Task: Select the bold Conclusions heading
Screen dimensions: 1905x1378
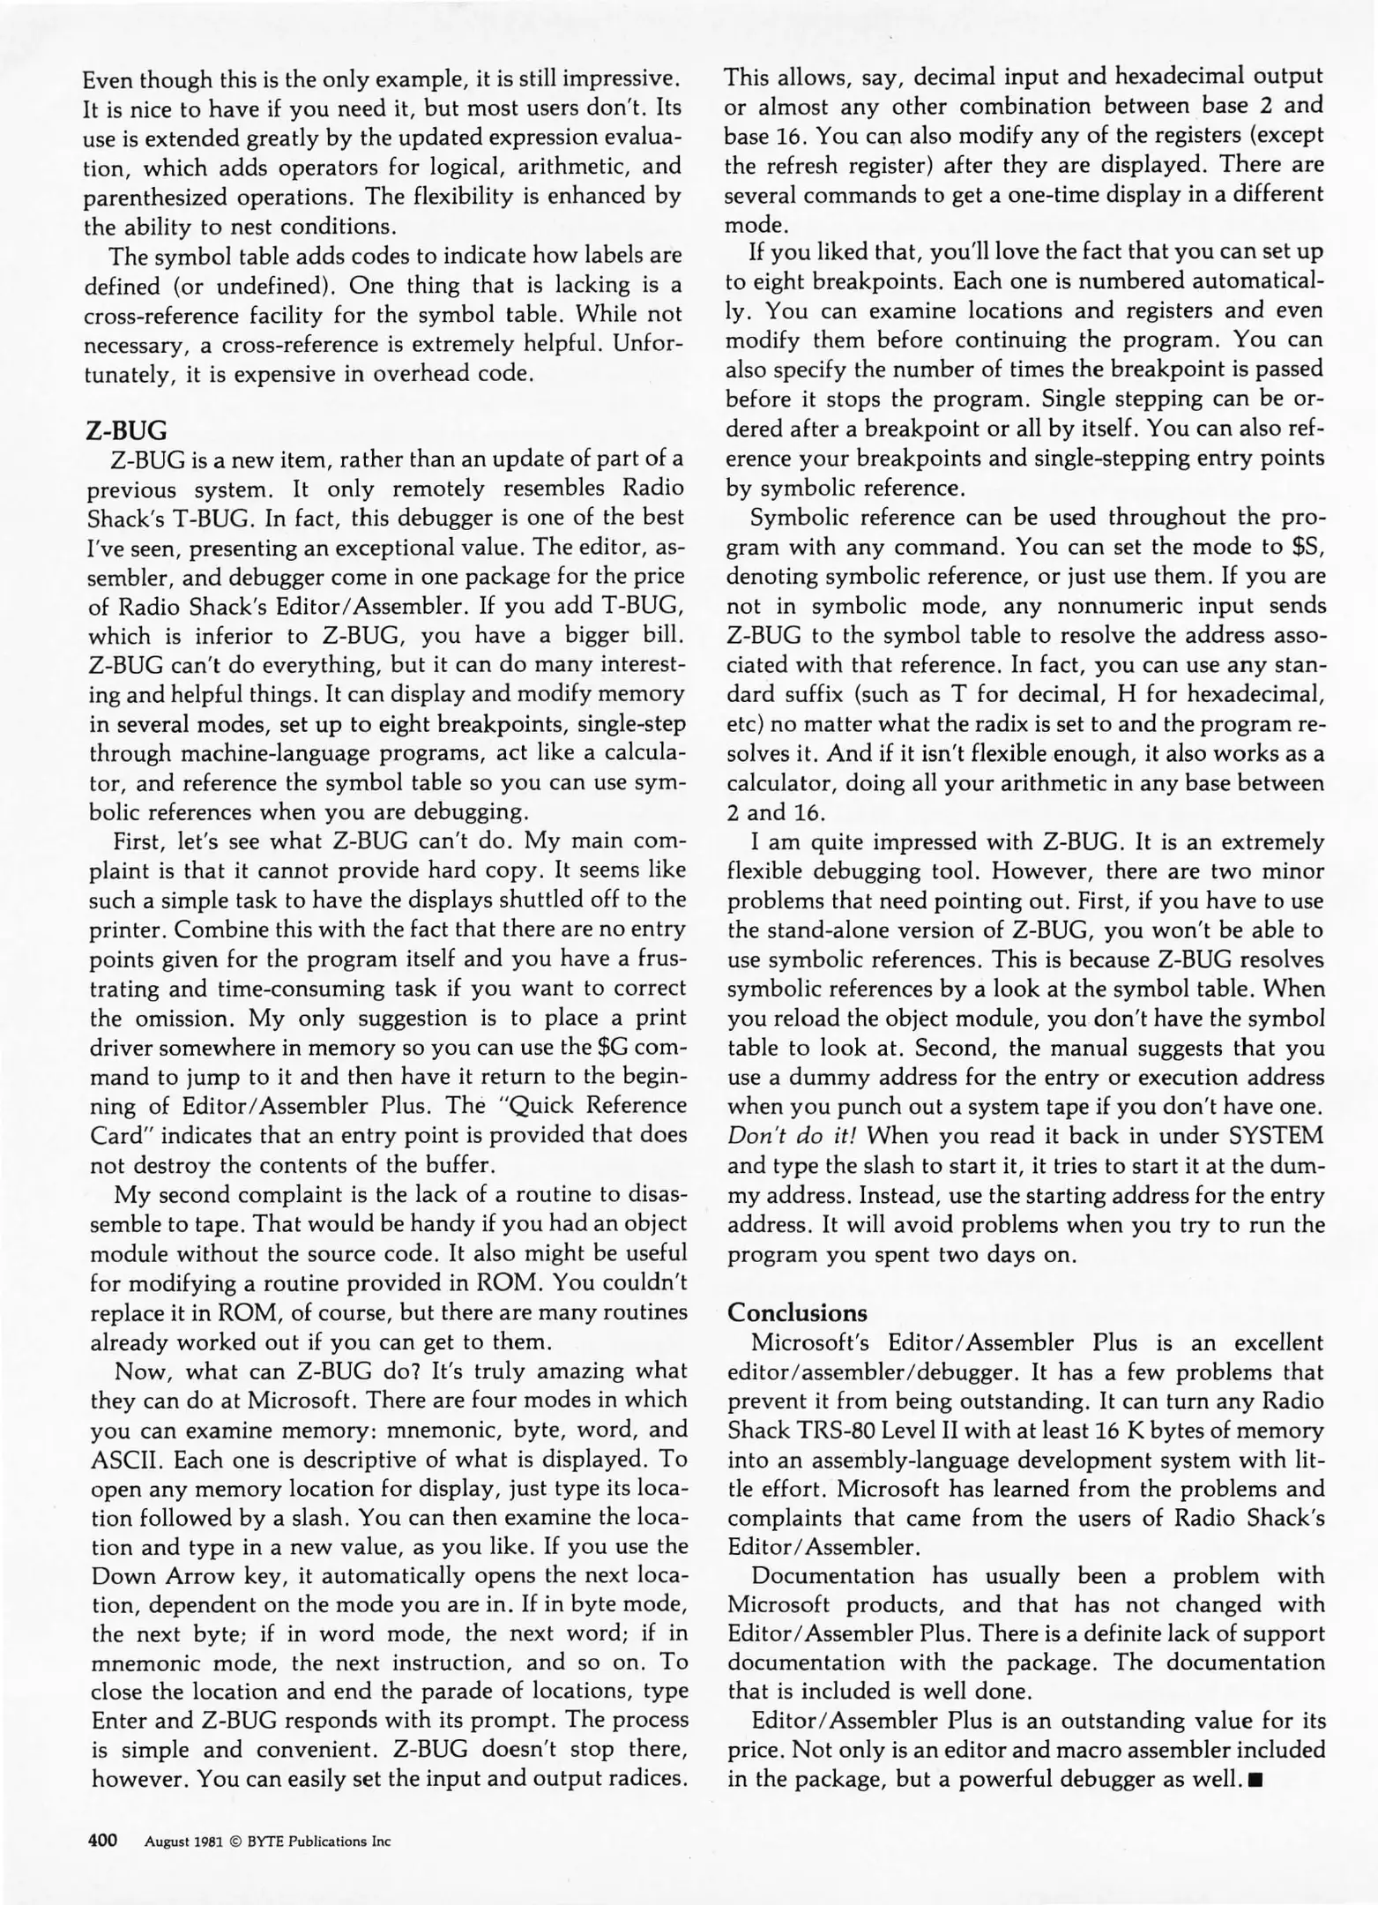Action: pyautogui.click(x=797, y=1312)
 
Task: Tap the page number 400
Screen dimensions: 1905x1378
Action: pyautogui.click(x=103, y=1841)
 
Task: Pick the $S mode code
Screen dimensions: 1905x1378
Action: pyautogui.click(x=1307, y=547)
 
